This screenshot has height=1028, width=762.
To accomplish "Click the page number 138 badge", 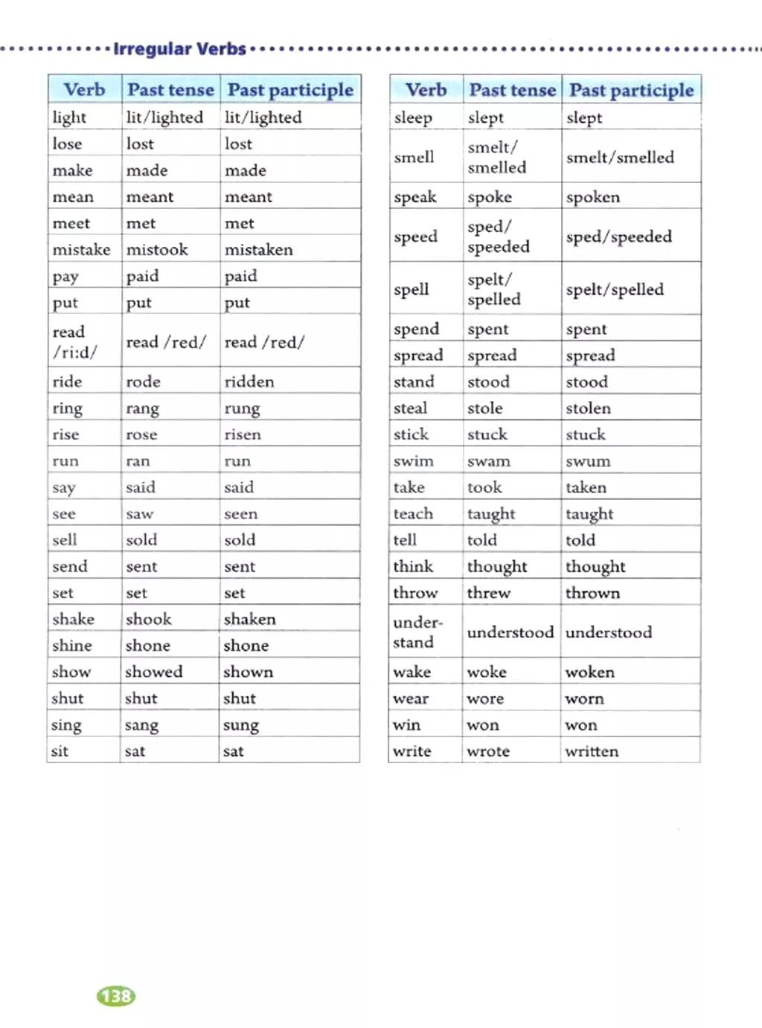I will click(116, 996).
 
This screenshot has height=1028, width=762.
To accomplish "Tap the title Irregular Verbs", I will click(179, 49).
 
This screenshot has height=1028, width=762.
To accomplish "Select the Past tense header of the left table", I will click(170, 90).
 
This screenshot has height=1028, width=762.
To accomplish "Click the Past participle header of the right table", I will click(631, 91).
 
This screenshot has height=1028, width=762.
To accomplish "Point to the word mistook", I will click(157, 250).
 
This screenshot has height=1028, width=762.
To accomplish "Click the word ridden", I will click(249, 382).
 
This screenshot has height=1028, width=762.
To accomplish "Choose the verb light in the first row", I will click(69, 118).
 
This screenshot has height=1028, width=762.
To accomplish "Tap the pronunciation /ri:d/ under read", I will click(74, 353).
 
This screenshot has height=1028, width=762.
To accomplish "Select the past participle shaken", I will click(249, 619).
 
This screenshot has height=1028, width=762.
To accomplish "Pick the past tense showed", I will click(153, 672).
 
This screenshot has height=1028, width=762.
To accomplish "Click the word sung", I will click(240, 725).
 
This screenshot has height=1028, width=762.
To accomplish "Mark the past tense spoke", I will click(489, 197).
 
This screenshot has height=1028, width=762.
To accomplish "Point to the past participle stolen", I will click(588, 408).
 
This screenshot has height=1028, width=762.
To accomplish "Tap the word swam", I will click(488, 461).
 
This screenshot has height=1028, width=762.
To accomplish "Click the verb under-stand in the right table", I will click(417, 632).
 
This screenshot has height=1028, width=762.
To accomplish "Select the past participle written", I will click(592, 751).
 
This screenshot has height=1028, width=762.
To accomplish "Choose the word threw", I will click(488, 593).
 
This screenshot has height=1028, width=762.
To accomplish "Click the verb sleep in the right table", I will click(413, 118).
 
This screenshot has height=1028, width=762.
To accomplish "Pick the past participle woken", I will click(589, 672).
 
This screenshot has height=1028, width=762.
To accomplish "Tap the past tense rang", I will click(142, 408).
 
